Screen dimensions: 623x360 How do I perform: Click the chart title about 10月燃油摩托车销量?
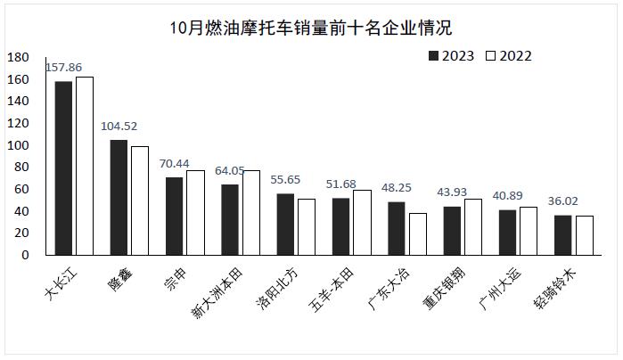[x=311, y=28]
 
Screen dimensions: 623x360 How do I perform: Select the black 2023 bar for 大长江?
[x=63, y=168]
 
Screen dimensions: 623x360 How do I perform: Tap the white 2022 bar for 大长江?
[x=85, y=166]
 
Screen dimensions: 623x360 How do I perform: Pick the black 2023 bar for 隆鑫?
[x=119, y=198]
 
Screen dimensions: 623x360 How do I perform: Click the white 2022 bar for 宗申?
[x=195, y=213]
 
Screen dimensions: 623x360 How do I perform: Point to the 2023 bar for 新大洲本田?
[x=230, y=220]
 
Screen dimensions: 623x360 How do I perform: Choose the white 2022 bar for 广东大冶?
[x=418, y=234]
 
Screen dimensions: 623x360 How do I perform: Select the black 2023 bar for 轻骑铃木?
[x=563, y=235]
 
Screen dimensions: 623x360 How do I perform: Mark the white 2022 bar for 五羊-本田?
[x=363, y=223]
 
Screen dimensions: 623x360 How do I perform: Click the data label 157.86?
[x=63, y=67]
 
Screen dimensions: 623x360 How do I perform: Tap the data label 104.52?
[x=119, y=126]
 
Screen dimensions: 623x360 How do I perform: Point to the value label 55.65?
[x=285, y=180]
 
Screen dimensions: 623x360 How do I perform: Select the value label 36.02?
[x=563, y=201]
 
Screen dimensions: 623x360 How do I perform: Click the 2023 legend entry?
[x=451, y=56]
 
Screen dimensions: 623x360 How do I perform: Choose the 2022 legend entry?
[x=509, y=56]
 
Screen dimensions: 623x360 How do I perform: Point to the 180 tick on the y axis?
[x=19, y=58]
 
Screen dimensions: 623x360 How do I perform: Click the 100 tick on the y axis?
[x=19, y=145]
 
